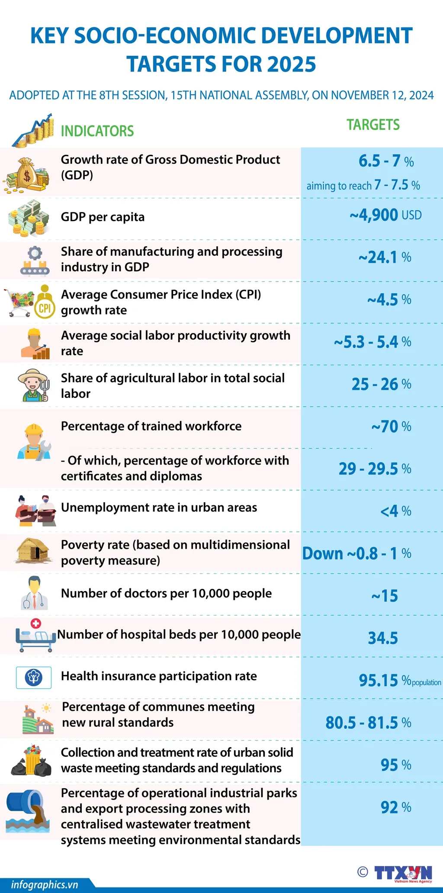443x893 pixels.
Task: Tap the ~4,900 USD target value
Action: [x=385, y=215]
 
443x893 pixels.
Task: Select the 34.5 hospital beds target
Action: [x=383, y=638]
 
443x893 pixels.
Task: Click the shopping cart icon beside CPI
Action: [x=19, y=302]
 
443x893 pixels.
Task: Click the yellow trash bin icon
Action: [x=33, y=761]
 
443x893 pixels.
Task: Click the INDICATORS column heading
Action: [x=97, y=131]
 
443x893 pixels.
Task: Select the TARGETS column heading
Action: [x=373, y=125]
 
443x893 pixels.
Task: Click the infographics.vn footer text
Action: [x=44, y=885]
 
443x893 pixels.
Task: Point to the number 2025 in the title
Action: [x=291, y=64]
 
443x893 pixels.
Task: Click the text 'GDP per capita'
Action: [x=103, y=217]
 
